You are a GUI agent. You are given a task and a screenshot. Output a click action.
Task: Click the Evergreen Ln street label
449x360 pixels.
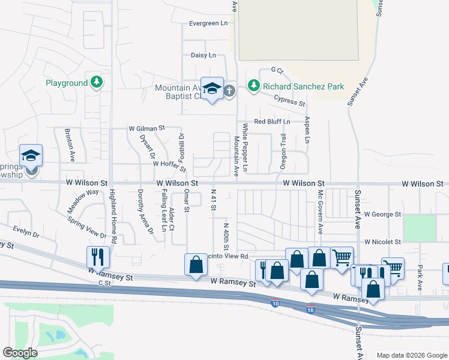pyautogui.click(x=208, y=23)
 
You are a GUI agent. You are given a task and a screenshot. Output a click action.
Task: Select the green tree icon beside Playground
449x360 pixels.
pyautogui.click(x=96, y=83)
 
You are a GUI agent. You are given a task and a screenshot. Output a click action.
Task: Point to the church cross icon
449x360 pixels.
pyautogui.click(x=229, y=91)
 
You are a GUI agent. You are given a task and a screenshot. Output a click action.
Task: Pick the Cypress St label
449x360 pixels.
pyautogui.click(x=289, y=101)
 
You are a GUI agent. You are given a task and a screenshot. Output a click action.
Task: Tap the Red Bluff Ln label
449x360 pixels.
pyautogui.click(x=272, y=121)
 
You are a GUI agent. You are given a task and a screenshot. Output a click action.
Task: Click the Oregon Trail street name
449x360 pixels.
pyautogui.click(x=283, y=151)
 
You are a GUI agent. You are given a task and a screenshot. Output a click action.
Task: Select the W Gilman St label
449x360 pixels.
pyautogui.click(x=146, y=128)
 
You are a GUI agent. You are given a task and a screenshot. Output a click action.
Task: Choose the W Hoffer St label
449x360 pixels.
pyautogui.click(x=169, y=163)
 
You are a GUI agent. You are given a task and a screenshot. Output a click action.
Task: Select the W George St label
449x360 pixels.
pyautogui.click(x=382, y=214)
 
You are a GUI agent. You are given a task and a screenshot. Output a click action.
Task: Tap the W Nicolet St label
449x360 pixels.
pyautogui.click(x=382, y=242)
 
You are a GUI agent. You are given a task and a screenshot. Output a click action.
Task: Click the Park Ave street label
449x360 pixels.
pyautogui.click(x=420, y=278)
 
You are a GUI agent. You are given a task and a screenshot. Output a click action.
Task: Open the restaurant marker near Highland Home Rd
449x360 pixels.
pyautogui.click(x=98, y=257)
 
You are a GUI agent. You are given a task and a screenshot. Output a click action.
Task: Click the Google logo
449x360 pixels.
pyautogui.click(x=20, y=352)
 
